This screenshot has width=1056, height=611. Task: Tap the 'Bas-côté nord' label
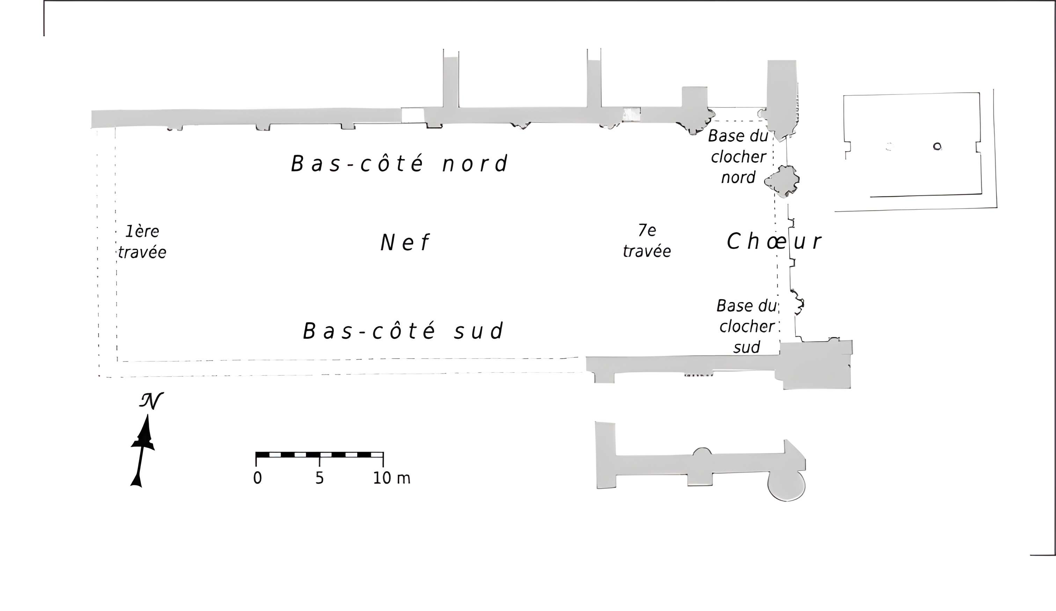point(399,164)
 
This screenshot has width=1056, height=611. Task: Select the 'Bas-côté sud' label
point(403,331)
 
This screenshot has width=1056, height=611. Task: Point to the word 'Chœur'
point(773,242)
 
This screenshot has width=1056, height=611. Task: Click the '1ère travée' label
point(142,242)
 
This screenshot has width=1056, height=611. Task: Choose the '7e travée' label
point(647,241)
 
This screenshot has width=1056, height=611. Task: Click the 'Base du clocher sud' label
point(746,326)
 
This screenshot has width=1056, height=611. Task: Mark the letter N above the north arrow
point(151,401)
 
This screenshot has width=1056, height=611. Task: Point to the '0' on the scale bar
point(257,478)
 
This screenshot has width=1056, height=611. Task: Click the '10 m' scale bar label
point(391,478)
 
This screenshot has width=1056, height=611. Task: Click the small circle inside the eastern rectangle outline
point(937,146)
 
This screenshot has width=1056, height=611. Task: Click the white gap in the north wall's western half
point(412,115)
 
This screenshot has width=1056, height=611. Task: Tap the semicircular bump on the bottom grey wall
point(702,452)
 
